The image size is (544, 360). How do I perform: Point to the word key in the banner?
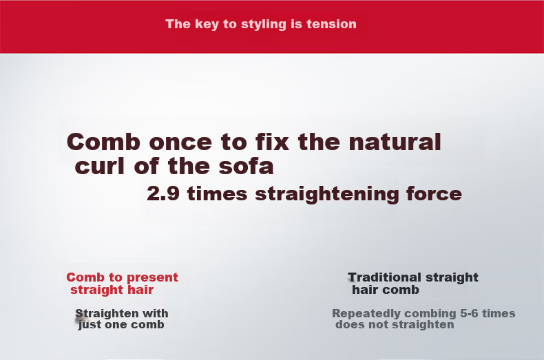point(207,25)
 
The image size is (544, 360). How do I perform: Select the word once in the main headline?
point(180,142)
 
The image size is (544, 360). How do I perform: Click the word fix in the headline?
point(273,142)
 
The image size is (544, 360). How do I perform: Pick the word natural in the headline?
point(395,142)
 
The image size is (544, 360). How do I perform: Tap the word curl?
point(100,166)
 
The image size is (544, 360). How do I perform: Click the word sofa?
point(246,167)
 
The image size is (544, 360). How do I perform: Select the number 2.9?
point(163,193)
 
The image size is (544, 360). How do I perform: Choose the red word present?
point(152,278)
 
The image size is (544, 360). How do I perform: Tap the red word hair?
point(140,290)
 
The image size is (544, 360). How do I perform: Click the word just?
point(90,325)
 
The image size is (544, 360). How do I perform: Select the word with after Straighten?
point(155,313)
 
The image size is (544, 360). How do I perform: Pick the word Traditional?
point(385,277)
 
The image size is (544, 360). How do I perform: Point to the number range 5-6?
point(470,313)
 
